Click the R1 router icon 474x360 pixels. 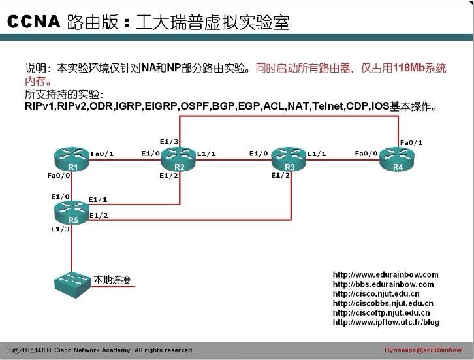click(72, 159)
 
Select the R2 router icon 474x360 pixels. click(178, 159)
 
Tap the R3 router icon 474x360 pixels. click(289, 159)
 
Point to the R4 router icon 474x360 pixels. click(397, 159)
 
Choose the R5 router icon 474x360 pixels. click(72, 213)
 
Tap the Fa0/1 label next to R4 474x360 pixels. click(411, 143)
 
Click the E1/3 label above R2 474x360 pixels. click(169, 141)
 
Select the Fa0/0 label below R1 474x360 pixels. click(59, 176)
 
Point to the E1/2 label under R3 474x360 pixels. click(281, 176)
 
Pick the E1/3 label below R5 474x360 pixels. click(60, 229)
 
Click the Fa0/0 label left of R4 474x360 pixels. click(366, 154)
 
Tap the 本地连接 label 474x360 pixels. click(112, 280)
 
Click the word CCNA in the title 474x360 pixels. click(33, 22)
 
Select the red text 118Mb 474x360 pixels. click(409, 67)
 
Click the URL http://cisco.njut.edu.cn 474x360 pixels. click(376, 294)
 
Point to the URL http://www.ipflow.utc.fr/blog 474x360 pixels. click(386, 322)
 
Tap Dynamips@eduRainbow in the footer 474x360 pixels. click(423, 350)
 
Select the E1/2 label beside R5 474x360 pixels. click(99, 215)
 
